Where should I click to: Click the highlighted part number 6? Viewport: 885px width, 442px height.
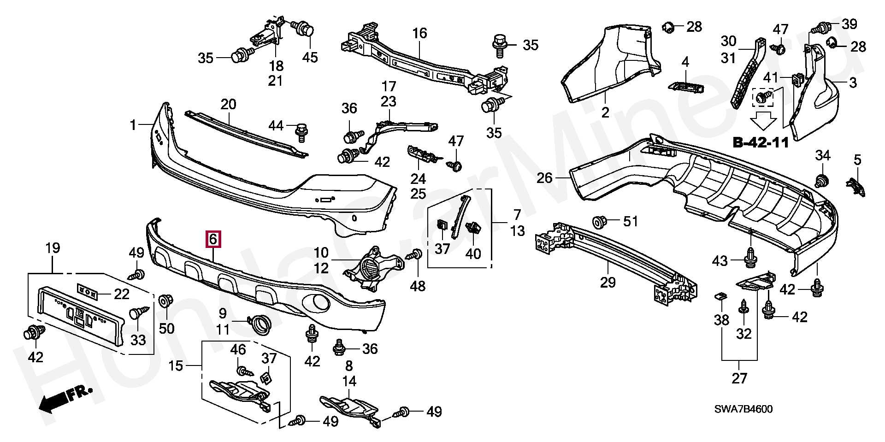[x=213, y=239]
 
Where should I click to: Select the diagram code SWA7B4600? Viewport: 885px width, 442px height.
[x=743, y=409]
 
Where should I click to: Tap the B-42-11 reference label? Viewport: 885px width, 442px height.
[x=761, y=142]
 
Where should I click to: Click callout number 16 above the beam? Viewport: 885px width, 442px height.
[x=419, y=33]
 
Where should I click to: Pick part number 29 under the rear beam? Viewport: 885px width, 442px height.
[x=608, y=282]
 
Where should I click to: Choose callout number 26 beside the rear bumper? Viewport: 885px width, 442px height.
[x=545, y=177]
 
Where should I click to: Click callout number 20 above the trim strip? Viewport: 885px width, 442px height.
[x=228, y=104]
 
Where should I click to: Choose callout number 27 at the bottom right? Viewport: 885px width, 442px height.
[x=739, y=378]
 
